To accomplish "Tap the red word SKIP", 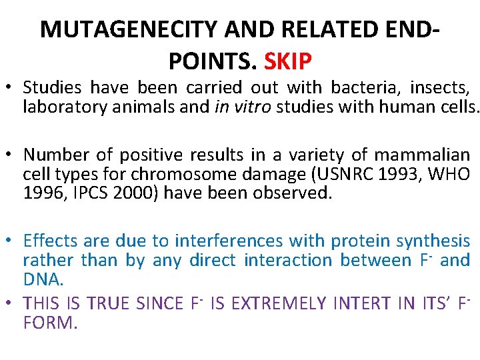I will (x=288, y=61).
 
